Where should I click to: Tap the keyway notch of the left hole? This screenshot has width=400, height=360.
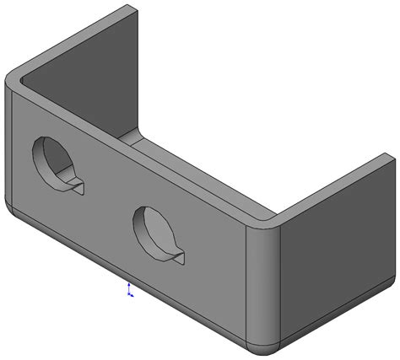tap(76, 185)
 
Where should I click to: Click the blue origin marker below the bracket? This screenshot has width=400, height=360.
tap(128, 292)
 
